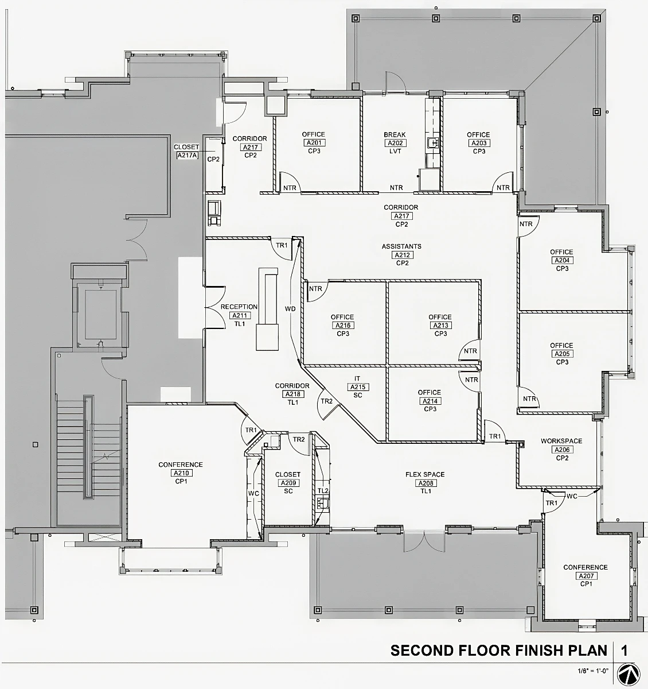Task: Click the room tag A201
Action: pyautogui.click(x=313, y=143)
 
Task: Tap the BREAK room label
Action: pyautogui.click(x=395, y=135)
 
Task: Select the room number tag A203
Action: pyautogui.click(x=478, y=143)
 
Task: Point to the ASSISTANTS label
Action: pyautogui.click(x=401, y=246)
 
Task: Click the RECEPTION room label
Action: pyautogui.click(x=239, y=307)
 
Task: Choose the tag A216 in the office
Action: pyautogui.click(x=342, y=326)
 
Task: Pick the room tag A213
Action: pyautogui.click(x=440, y=326)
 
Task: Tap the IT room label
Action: pyautogui.click(x=357, y=379)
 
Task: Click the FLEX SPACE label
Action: pyautogui.click(x=425, y=475)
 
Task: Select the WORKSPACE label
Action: pyautogui.click(x=561, y=442)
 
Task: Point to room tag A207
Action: pyautogui.click(x=585, y=576)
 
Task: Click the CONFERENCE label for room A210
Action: pyautogui.click(x=181, y=465)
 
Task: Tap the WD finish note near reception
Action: pyautogui.click(x=290, y=309)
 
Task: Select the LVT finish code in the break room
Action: pyautogui.click(x=395, y=151)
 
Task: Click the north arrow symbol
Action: pyautogui.click(x=629, y=674)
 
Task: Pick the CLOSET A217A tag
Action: pyautogui.click(x=187, y=155)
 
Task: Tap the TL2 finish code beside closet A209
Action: pyautogui.click(x=323, y=491)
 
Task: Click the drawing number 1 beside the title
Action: pyautogui.click(x=624, y=651)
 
